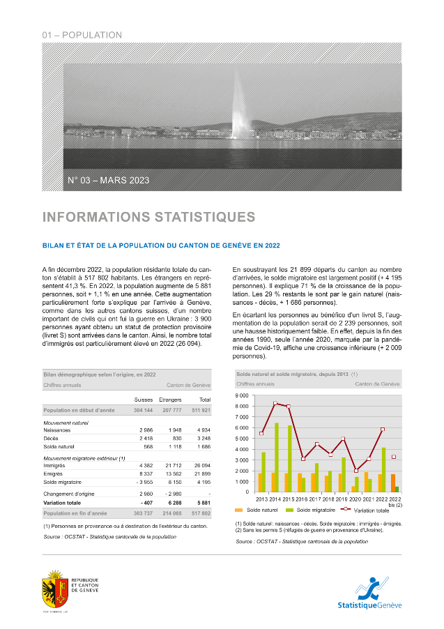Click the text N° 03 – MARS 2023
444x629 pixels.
point(108,181)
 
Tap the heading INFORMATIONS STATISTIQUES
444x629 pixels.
point(148,218)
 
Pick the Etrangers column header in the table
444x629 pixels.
point(170,400)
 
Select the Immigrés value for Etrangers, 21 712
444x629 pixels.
point(171,465)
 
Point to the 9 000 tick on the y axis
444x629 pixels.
point(243,395)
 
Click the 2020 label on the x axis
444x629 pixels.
point(356,499)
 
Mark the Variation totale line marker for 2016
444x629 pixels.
point(303,459)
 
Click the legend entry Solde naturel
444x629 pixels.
point(259,511)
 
